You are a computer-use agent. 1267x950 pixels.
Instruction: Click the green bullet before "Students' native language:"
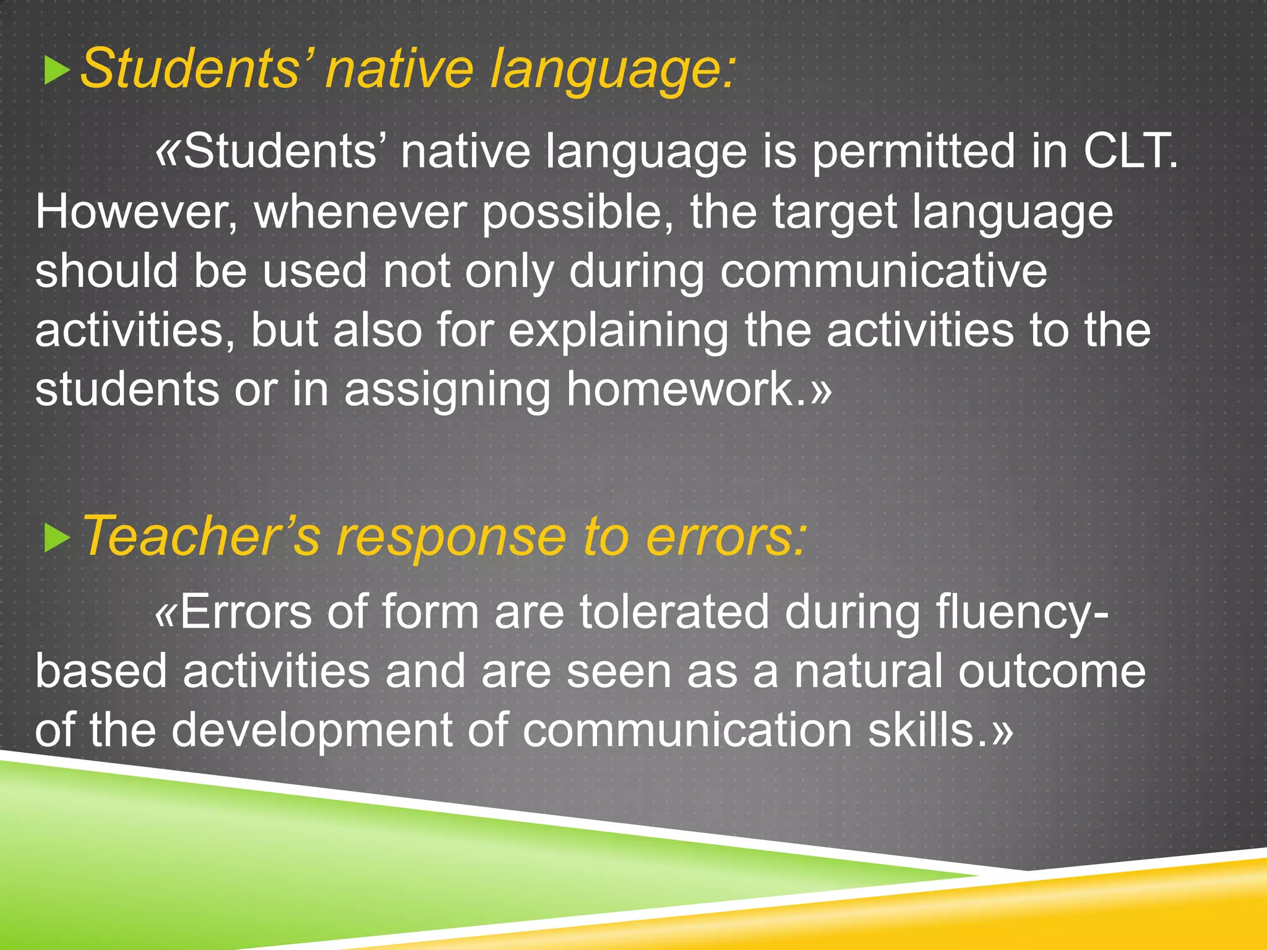tap(56, 71)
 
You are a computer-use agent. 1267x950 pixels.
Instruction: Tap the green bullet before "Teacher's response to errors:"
tap(56, 539)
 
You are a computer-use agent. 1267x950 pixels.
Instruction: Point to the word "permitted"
tap(913, 152)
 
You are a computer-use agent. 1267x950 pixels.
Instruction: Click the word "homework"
tap(680, 390)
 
